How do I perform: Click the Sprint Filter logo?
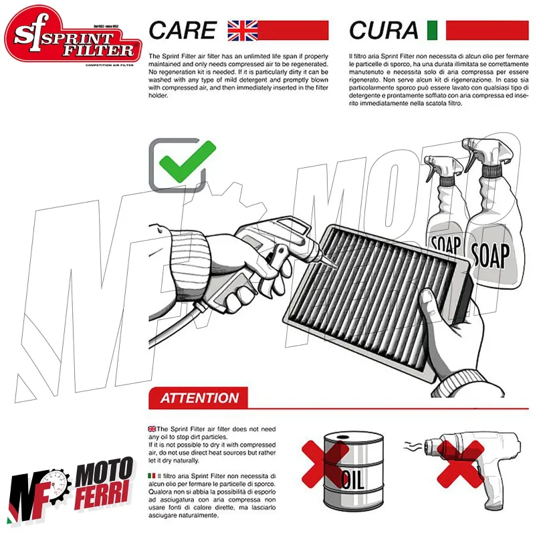pyautogui.click(x=73, y=35)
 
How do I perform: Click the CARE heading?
pyautogui.click(x=183, y=30)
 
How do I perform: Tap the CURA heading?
pyautogui.click(x=383, y=30)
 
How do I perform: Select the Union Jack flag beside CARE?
pyautogui.click(x=243, y=31)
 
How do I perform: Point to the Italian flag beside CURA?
pyautogui.click(x=432, y=30)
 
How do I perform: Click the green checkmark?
pyautogui.click(x=187, y=160)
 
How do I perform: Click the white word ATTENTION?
pyautogui.click(x=199, y=398)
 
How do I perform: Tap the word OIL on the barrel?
pyautogui.click(x=352, y=479)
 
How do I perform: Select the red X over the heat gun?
pyautogui.click(x=461, y=464)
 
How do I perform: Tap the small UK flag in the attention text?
pyautogui.click(x=152, y=429)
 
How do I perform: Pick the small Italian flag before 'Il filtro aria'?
pyautogui.click(x=152, y=475)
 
